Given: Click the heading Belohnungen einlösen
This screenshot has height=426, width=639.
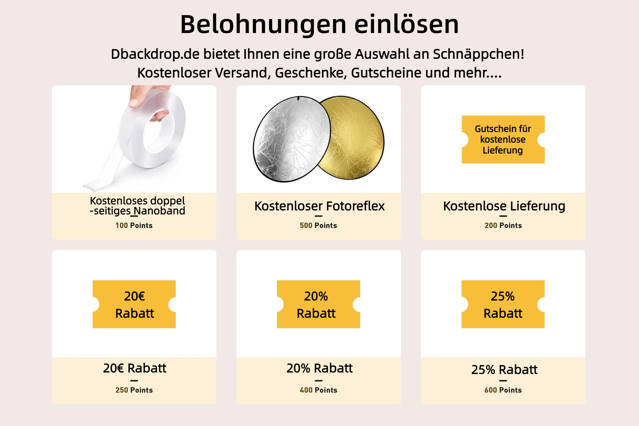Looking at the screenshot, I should coord(319,24).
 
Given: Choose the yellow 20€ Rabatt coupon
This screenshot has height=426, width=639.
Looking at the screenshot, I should coord(134,304).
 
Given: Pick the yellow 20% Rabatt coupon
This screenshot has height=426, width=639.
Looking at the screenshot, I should coord(318,304).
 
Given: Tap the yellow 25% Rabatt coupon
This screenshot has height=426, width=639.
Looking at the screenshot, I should coord(503,304).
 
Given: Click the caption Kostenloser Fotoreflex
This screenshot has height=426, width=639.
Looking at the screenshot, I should coord(319,206).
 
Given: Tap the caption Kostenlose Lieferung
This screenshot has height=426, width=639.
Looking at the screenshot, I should coord(504,206).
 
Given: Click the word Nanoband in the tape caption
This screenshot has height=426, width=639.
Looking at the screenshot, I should coord(160,211).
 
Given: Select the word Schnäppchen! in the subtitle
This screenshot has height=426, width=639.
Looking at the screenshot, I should coord(478,54).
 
